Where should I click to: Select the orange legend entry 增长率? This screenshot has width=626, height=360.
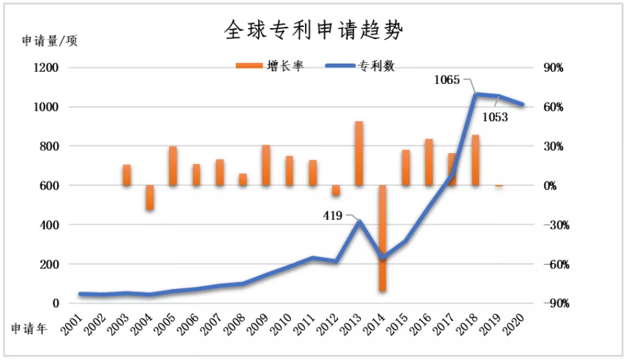pyautogui.click(x=269, y=67)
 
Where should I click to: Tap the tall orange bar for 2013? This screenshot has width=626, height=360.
pyautogui.click(x=359, y=154)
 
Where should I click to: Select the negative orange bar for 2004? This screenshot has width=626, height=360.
pyautogui.click(x=150, y=197)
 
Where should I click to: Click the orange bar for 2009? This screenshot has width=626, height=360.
pyautogui.click(x=266, y=165)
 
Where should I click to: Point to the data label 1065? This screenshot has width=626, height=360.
pyautogui.click(x=447, y=81)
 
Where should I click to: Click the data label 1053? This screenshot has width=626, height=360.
pyautogui.click(x=495, y=117)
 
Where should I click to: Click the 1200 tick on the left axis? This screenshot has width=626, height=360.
pyautogui.click(x=45, y=68)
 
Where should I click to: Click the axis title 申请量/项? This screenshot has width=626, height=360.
pyautogui.click(x=49, y=41)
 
